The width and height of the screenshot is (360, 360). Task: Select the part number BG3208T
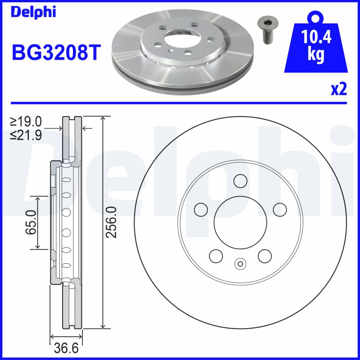(x=55, y=53)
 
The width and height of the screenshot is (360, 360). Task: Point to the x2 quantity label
(x=339, y=89)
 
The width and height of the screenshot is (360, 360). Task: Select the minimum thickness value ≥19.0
(x=26, y=121)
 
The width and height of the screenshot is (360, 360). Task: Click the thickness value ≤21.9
(x=26, y=135)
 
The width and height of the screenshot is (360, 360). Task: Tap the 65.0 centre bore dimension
(x=31, y=222)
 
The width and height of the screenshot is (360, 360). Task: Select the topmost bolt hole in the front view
(x=240, y=180)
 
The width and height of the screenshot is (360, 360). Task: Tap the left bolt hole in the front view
(x=201, y=209)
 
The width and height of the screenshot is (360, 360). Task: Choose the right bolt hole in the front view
(x=280, y=209)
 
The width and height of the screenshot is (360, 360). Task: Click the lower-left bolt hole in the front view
(x=216, y=256)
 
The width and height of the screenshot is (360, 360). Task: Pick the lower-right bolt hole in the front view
(x=265, y=256)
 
